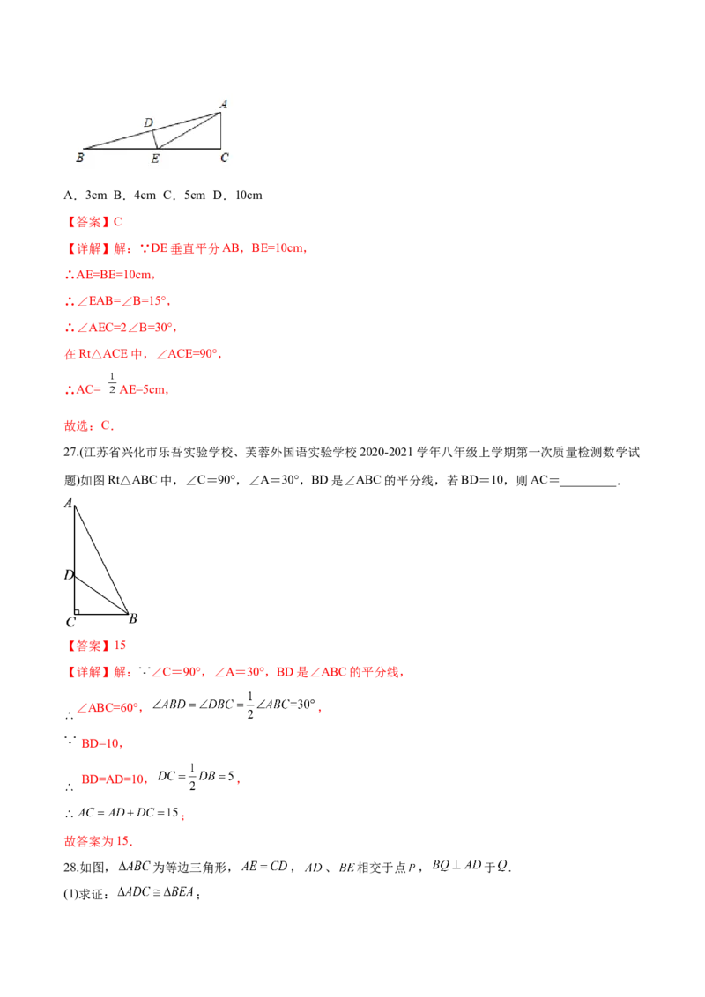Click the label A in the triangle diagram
224,104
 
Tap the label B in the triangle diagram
79,159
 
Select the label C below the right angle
225,159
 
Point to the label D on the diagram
148,122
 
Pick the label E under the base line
155,159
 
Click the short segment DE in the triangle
155,139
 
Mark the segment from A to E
189,130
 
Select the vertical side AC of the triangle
220,130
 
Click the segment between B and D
117,139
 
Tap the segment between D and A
187,121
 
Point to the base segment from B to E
120,148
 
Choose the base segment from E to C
189,148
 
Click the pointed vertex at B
83,148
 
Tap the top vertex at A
220,112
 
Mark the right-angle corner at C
220,148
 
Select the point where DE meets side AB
152,129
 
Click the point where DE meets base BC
158,148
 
